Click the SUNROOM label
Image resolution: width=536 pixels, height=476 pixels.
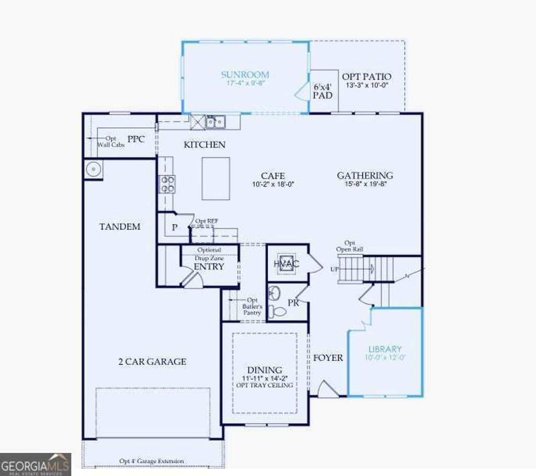[244, 74]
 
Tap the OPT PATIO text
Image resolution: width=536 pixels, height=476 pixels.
[366, 77]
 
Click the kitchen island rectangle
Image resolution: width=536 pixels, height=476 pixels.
[216, 179]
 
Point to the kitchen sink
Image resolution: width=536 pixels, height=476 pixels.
[215, 121]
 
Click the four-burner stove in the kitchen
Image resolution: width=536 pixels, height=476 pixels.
[167, 184]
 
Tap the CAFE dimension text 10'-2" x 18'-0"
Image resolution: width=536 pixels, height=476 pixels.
[273, 184]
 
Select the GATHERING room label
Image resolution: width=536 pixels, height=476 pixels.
[365, 175]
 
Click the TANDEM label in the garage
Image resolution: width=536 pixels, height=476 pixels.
[120, 227]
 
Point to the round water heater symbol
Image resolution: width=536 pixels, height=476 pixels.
[93, 170]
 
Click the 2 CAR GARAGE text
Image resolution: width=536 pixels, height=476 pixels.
[152, 361]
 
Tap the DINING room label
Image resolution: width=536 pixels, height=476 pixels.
[264, 370]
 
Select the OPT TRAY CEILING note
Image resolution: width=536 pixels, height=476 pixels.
[264, 385]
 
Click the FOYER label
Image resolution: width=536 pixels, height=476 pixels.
[328, 358]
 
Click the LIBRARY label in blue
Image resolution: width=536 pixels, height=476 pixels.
[385, 349]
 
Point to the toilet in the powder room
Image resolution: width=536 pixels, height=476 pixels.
[280, 312]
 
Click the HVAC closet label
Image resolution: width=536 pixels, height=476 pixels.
[286, 263]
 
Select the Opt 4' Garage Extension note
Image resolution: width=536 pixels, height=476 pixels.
[151, 461]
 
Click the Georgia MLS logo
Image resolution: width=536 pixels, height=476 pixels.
[36, 464]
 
